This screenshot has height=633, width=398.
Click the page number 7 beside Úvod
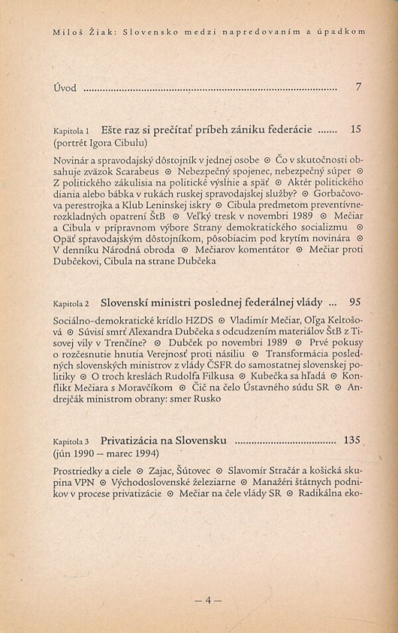point(358,87)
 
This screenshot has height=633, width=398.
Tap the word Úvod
point(65,87)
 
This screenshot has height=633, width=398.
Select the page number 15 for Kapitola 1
point(356,129)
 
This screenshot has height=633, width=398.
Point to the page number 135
point(352,439)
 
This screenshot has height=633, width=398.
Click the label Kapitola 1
point(73,131)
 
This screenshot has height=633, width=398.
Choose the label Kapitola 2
point(73,304)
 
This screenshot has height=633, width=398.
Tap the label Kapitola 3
point(73,441)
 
